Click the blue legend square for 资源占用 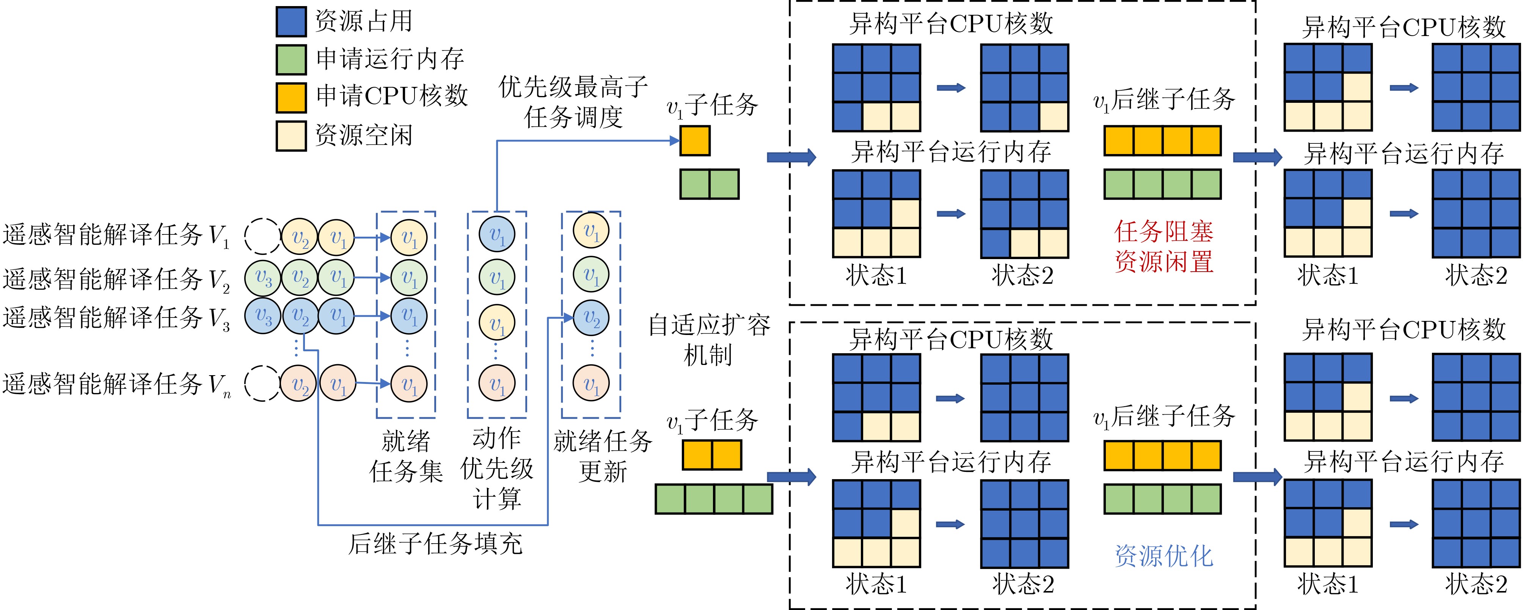point(291,21)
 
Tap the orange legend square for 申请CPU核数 point(291,97)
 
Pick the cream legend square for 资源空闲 point(291,135)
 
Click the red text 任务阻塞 point(1163,231)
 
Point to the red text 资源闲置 point(1163,261)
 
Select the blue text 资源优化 point(1163,556)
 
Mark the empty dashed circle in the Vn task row point(262,384)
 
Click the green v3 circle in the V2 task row point(262,277)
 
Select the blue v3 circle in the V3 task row point(262,316)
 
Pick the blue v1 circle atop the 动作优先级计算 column point(497,235)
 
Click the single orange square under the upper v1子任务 point(695,141)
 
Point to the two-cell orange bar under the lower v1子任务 point(712,456)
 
